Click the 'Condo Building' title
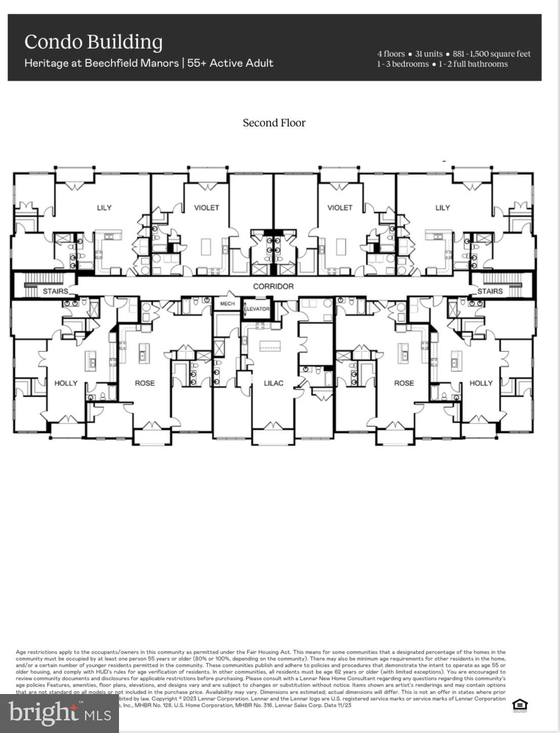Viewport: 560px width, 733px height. point(94,43)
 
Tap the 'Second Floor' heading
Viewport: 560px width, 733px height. point(274,123)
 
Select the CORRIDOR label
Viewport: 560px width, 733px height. point(273,287)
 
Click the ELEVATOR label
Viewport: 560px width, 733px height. point(257,309)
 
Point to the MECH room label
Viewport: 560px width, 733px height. point(227,304)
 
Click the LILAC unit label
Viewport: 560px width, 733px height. point(273,383)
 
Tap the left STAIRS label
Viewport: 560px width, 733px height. point(55,292)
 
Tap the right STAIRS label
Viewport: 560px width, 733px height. point(490,292)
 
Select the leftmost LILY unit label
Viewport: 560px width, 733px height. point(104,208)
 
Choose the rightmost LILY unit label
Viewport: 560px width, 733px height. point(443,208)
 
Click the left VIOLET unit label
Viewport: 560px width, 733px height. point(207,208)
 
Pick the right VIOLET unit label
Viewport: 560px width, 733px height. point(340,208)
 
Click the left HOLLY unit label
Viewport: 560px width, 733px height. point(66,383)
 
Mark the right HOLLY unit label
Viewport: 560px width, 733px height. point(481,383)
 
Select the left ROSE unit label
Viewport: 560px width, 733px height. point(145,383)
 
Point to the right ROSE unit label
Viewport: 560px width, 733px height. point(404,383)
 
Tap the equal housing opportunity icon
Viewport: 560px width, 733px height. point(519,705)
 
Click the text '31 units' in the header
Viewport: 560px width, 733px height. point(428,54)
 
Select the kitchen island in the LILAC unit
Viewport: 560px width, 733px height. point(273,346)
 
